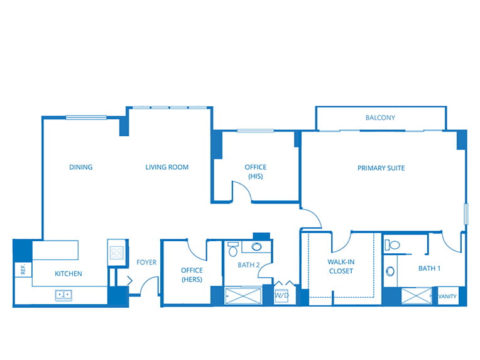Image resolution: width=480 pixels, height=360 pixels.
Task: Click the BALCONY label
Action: tap(380, 117)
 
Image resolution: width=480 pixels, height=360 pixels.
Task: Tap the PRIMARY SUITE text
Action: tap(381, 168)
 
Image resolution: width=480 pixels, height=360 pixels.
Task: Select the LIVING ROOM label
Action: tap(167, 167)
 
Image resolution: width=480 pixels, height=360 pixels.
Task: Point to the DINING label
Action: tap(81, 167)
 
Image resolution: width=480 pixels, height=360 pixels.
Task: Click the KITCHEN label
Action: tap(68, 274)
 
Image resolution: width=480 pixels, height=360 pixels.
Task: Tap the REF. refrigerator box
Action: tap(23, 270)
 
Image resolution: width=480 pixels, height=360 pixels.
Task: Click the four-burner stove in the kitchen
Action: tap(117, 253)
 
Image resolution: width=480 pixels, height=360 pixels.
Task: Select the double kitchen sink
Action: tap(63, 295)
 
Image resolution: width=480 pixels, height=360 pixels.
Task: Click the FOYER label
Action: tap(146, 263)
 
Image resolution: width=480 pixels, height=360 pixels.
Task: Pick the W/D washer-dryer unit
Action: tap(281, 295)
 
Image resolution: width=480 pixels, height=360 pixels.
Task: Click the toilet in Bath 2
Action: tap(233, 249)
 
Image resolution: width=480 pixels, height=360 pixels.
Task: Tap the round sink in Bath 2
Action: tap(256, 246)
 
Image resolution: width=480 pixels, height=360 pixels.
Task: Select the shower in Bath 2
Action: tap(243, 295)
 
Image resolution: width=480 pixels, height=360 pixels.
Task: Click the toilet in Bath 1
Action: tap(393, 245)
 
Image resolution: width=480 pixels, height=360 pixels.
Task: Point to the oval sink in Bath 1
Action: tap(390, 271)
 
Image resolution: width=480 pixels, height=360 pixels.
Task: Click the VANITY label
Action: tap(447, 297)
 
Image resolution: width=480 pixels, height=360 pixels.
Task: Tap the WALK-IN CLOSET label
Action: tap(341, 266)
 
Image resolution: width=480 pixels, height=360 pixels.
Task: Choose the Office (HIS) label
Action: tap(256, 172)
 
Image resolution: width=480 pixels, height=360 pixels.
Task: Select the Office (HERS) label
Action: tap(192, 275)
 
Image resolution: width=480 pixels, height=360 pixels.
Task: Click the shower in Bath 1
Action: tap(417, 296)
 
